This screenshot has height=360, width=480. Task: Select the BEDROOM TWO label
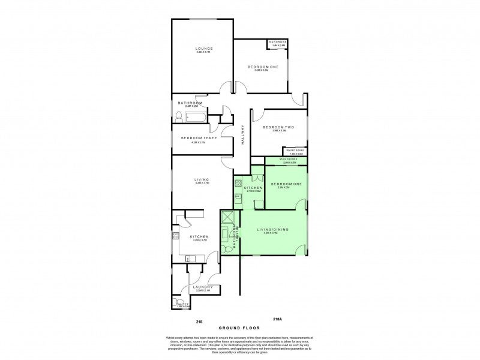pos(279,127)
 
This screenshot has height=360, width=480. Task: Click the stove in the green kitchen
pos(238,183)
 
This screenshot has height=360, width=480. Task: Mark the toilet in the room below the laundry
pos(176,305)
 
